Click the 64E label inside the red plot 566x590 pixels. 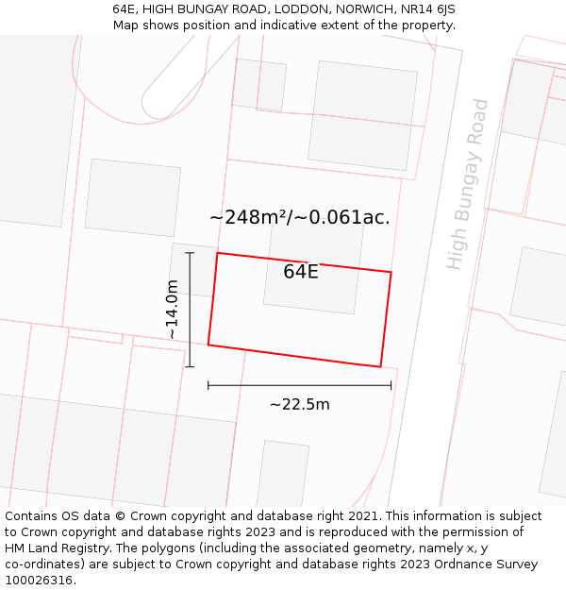[x=301, y=272]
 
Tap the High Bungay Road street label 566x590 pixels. [x=468, y=184]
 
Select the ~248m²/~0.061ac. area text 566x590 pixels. [x=299, y=218]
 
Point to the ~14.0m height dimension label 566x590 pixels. [x=172, y=310]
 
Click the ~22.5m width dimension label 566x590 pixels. [x=300, y=404]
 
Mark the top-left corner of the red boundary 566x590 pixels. [x=218, y=253]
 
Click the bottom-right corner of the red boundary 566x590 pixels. [x=380, y=366]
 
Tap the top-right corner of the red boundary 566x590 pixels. [x=391, y=273]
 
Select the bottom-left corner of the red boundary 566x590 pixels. [x=208, y=345]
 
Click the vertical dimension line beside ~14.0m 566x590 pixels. [x=191, y=310]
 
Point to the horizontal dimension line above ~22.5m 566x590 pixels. [x=300, y=385]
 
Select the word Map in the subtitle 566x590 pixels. [x=125, y=25]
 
